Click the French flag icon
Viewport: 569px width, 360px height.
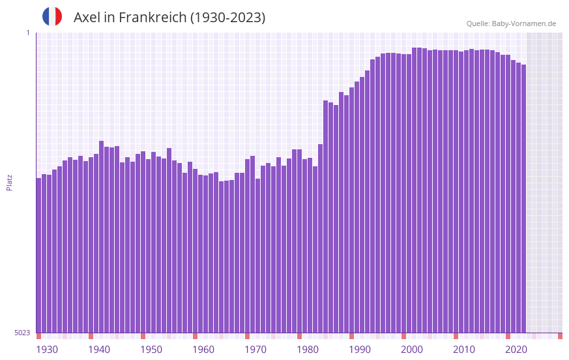pos(52,17)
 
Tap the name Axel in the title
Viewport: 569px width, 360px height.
pos(87,18)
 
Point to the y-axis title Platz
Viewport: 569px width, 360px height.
pos(9,182)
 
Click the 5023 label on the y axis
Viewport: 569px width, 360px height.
pos(22,333)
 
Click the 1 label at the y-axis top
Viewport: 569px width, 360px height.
pos(27,33)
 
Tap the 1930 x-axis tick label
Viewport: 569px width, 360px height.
pos(47,350)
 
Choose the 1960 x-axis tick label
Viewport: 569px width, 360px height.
pos(203,350)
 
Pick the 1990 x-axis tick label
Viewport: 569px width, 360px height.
pos(360,350)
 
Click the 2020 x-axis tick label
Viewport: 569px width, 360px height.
pos(516,350)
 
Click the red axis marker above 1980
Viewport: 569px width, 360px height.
pos(299,336)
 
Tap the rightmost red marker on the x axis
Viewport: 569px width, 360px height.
pos(560,336)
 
